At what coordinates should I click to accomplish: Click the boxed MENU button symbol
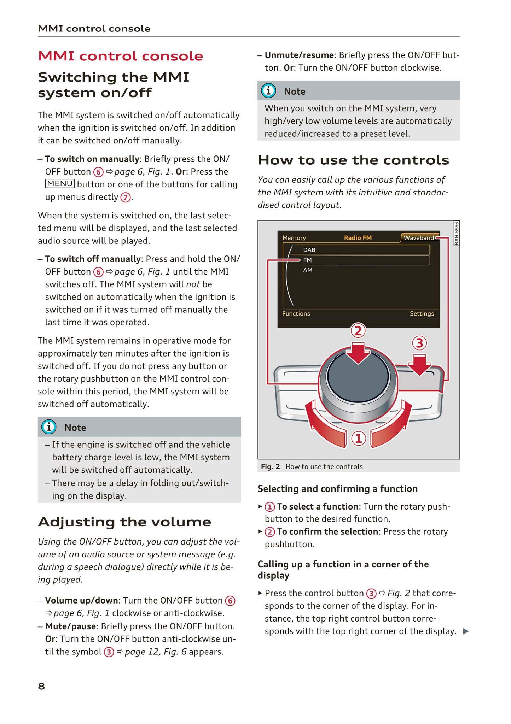[60, 184]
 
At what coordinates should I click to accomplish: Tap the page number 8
[41, 686]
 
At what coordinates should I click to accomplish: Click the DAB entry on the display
[309, 250]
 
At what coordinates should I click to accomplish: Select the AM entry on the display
[308, 270]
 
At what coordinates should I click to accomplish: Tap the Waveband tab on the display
[419, 238]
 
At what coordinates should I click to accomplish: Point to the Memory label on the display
[294, 238]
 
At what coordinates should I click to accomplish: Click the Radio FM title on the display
[358, 238]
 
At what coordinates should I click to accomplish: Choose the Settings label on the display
[422, 313]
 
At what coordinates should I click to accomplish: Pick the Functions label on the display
[296, 313]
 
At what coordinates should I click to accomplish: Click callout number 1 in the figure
[358, 438]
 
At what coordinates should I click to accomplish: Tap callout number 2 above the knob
[358, 331]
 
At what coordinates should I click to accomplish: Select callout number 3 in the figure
[419, 343]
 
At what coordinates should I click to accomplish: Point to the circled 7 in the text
[125, 197]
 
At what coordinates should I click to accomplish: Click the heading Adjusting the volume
[124, 522]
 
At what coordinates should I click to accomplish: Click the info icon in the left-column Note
[49, 427]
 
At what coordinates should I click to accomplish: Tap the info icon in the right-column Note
[268, 91]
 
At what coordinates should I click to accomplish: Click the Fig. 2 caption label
[270, 466]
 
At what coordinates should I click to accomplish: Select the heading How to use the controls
[353, 160]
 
